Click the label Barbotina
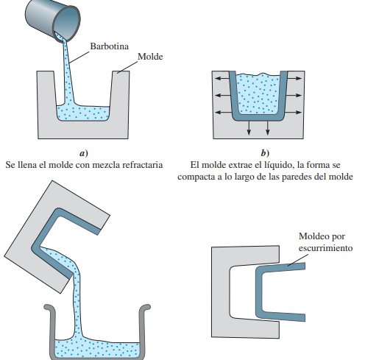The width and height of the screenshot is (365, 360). tap(110, 46)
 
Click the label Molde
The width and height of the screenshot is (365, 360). tap(150, 57)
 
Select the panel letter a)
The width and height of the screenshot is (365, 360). tap(84, 153)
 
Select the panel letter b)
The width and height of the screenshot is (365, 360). tap(265, 153)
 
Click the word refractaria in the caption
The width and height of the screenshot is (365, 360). tap(143, 165)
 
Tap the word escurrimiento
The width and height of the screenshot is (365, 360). tap(325, 248)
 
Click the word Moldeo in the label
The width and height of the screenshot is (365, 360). tap(311, 236)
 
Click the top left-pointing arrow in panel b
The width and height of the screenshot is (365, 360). tap(222, 79)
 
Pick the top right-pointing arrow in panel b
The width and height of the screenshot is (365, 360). tap(294, 79)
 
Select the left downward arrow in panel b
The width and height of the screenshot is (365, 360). tap(249, 128)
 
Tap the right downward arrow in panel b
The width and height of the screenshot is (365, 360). tap(267, 128)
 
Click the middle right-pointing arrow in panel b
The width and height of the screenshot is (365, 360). tap(294, 95)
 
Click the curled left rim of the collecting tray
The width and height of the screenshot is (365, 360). tap(49, 308)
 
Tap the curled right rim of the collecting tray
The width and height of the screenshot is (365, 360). tap(145, 308)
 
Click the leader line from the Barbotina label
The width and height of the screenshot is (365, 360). tap(79, 57)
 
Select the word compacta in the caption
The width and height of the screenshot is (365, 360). tap(196, 177)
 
